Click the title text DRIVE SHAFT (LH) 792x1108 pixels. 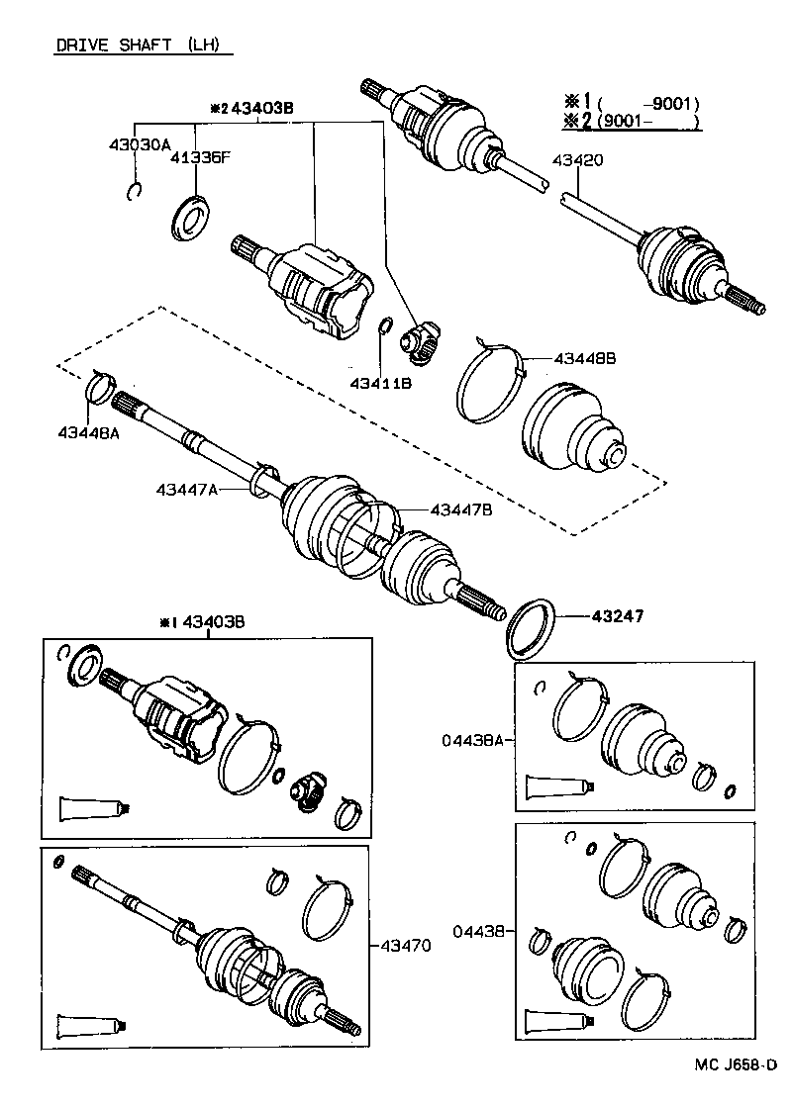coord(136,46)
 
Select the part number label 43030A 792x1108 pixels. coord(139,143)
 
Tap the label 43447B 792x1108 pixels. coord(460,509)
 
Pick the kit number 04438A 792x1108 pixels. coord(472,738)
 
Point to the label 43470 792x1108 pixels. coord(405,946)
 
